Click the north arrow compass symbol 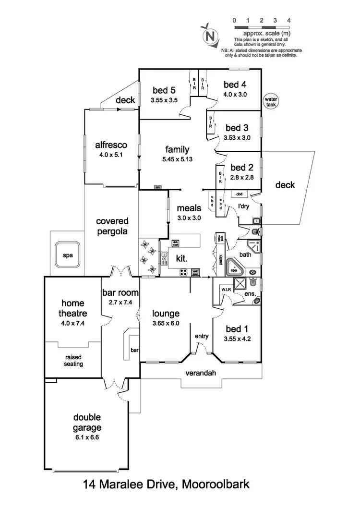click(x=209, y=35)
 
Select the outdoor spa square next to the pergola click(x=68, y=255)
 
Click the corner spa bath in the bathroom click(x=235, y=267)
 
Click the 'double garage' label click(x=87, y=422)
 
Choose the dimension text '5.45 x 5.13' click(x=177, y=160)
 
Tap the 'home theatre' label click(x=72, y=308)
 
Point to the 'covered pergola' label click(x=112, y=226)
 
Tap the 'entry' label click(x=202, y=336)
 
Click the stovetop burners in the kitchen click(x=183, y=272)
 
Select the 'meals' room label click(x=188, y=208)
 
